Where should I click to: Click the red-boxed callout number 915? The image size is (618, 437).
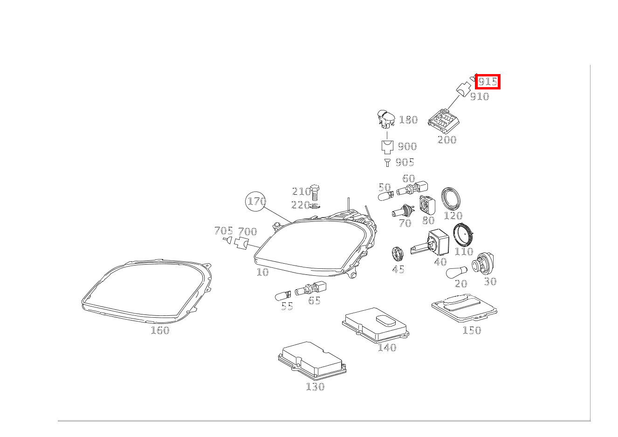488,82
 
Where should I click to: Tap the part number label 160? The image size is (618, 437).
160,330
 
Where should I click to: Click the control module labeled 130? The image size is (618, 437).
312,360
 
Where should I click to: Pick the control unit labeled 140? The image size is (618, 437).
376,325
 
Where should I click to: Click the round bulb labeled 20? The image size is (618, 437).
457,272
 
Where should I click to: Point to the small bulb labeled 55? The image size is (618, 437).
283,296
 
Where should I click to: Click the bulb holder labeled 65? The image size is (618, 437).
311,288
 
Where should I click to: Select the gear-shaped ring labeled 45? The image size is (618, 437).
398,254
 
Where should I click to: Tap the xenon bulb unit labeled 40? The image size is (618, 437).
430,243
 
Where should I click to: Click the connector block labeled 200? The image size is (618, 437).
444,121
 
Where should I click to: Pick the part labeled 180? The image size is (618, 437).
386,119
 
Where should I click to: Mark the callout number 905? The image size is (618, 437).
405,162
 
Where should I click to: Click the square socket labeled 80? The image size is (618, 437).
427,205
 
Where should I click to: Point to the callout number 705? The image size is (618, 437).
224,231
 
